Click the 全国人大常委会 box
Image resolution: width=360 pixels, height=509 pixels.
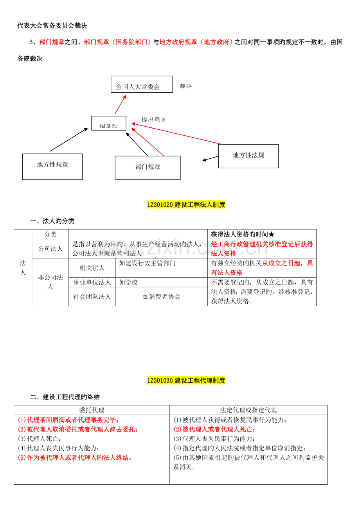pyautogui.click(x=142, y=84)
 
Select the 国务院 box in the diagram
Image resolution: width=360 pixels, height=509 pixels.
pyautogui.click(x=109, y=123)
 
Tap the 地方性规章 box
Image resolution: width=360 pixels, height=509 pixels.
pyautogui.click(x=52, y=167)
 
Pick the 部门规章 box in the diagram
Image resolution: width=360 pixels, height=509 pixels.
pyautogui.click(x=148, y=168)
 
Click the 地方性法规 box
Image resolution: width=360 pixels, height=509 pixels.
pyautogui.click(x=248, y=156)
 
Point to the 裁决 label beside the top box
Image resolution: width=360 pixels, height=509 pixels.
pyautogui.click(x=185, y=86)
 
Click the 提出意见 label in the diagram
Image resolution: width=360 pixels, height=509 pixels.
pyautogui.click(x=154, y=119)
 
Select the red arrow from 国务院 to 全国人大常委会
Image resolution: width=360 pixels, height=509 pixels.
pyautogui.click(x=121, y=104)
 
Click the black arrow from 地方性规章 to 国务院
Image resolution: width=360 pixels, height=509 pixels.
pyautogui.click(x=68, y=140)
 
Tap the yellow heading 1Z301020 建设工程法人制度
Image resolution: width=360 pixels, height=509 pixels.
pyautogui.click(x=186, y=204)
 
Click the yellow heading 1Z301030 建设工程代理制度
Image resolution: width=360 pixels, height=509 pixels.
pyautogui.click(x=186, y=380)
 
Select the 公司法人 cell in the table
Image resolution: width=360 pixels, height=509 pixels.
pyautogui.click(x=50, y=249)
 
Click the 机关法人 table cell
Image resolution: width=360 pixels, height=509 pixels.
pyautogui.click(x=92, y=268)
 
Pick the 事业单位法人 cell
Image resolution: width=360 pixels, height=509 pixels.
pyautogui.click(x=92, y=282)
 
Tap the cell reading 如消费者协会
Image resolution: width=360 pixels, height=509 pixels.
pyautogui.click(x=161, y=297)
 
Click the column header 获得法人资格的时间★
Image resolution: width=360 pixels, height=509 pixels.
pyautogui.click(x=243, y=234)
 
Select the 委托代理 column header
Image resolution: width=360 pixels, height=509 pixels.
pyautogui.click(x=92, y=410)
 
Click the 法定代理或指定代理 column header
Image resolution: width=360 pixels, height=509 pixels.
pyautogui.click(x=248, y=410)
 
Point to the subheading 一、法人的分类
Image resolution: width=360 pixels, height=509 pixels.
pyautogui.click(x=52, y=221)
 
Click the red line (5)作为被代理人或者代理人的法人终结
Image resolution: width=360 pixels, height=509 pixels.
pyautogui.click(x=76, y=457)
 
